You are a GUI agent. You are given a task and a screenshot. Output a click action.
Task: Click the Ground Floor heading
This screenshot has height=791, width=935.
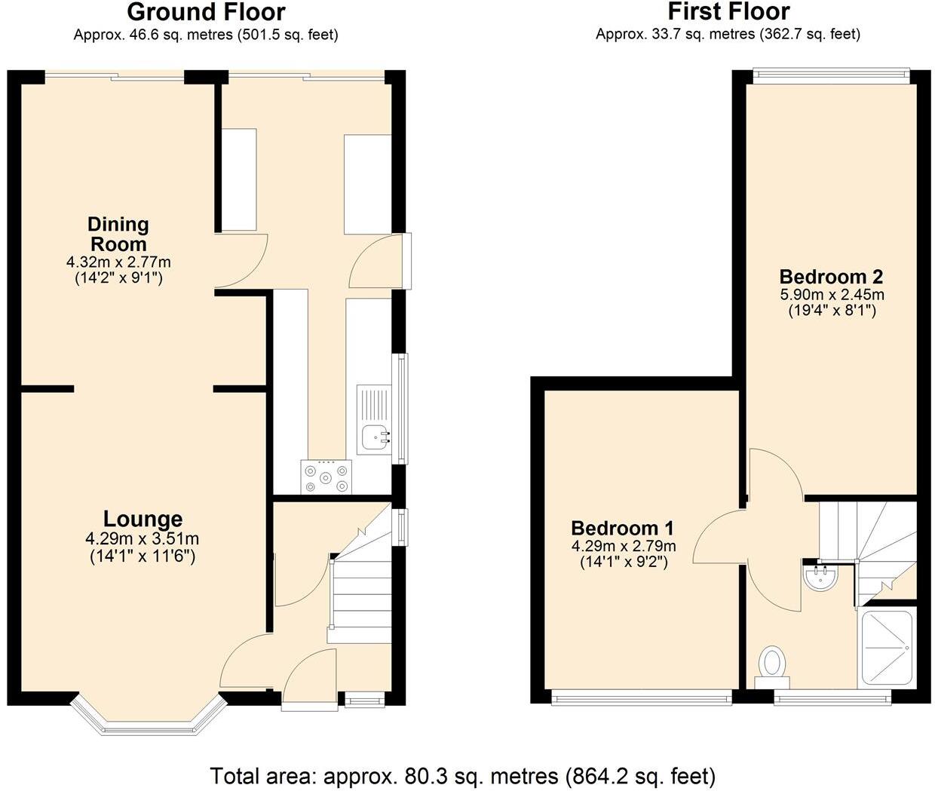[206, 12]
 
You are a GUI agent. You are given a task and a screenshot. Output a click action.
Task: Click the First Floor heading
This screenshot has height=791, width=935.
[728, 12]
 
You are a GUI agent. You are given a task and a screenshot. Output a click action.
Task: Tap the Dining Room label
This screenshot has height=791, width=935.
[118, 234]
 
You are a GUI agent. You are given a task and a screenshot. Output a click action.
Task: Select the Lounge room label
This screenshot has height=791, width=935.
[143, 519]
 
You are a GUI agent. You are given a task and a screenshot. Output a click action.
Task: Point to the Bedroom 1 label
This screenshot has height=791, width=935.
[622, 528]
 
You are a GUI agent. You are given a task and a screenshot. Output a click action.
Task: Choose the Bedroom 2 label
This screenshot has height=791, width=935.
[831, 276]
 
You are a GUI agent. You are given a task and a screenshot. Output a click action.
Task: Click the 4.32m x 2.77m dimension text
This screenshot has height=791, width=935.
[118, 262]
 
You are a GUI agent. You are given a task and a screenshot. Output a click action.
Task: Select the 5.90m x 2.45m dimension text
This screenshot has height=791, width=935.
[831, 295]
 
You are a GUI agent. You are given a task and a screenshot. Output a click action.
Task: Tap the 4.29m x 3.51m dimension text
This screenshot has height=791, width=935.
[143, 538]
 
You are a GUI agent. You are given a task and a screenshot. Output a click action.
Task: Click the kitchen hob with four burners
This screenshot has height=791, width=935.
[326, 477]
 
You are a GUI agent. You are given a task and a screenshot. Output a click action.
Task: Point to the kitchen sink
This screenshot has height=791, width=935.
[374, 436]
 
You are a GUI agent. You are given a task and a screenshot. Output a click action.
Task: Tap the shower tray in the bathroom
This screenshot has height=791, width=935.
[887, 647]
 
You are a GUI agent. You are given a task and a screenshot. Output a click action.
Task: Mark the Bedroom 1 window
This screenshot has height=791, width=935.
[642, 698]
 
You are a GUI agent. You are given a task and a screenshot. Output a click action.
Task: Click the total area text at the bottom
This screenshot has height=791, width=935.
[462, 775]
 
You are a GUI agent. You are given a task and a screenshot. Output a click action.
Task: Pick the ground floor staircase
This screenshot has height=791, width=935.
[360, 596]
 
